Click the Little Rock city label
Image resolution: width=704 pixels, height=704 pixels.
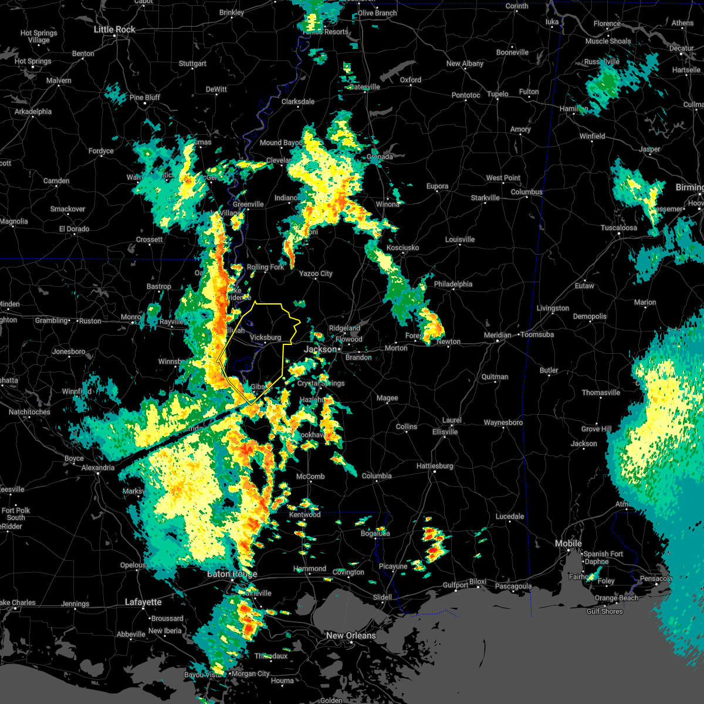[114, 29]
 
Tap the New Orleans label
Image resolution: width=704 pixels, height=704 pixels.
[351, 635]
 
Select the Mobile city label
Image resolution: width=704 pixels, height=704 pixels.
[568, 544]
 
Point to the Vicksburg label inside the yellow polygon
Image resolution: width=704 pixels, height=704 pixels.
[265, 337]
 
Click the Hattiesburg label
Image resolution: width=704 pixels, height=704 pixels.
[435, 466]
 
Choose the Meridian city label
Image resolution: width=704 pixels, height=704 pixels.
[497, 335]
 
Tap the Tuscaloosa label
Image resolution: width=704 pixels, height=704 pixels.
[618, 228]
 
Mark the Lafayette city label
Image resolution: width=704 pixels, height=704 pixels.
[143, 602]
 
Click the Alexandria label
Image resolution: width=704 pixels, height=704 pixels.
[98, 468]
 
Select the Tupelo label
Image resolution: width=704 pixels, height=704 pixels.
[497, 94]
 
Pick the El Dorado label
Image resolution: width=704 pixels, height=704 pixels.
[74, 229]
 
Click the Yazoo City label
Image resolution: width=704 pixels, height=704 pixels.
[316, 273]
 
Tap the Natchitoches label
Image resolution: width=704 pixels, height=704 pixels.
[29, 412]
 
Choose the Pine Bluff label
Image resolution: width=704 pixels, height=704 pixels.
[145, 97]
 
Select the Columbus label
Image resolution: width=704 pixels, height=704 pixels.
[526, 192]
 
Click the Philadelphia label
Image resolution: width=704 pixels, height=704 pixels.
[453, 284]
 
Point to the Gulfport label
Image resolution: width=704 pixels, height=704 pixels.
[456, 585]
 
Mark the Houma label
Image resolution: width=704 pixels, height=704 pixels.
[282, 681]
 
